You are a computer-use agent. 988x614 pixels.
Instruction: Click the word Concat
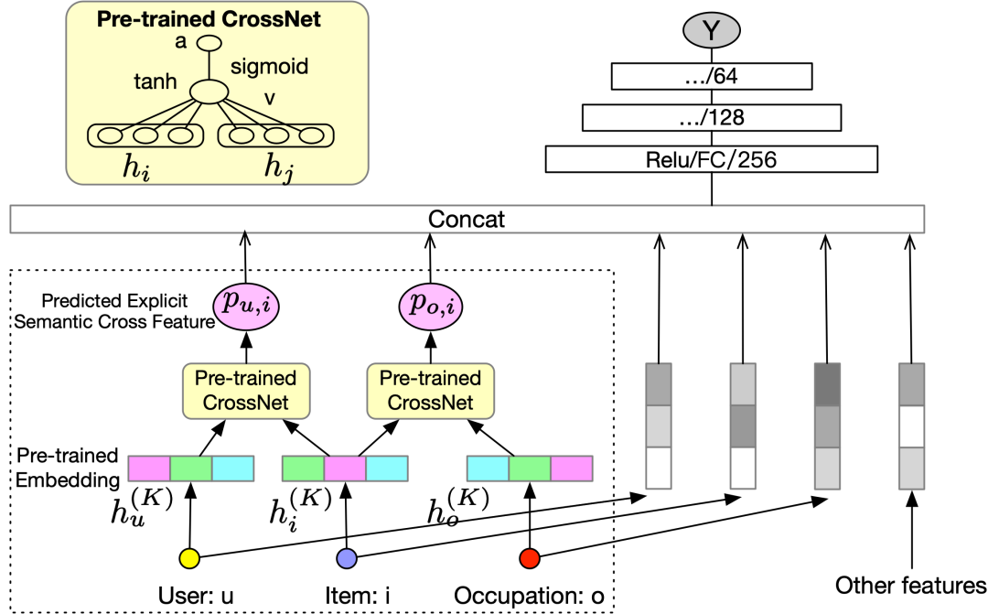click(467, 220)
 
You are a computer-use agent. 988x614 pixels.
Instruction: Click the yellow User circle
click(189, 557)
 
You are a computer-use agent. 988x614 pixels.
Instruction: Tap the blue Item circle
click(347, 557)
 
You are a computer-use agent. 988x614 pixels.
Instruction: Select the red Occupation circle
click(529, 557)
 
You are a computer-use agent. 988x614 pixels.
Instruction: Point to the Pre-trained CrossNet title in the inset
click(209, 19)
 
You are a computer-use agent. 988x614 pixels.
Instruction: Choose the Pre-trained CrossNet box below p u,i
click(246, 390)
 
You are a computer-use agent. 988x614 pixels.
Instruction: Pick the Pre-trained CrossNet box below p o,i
click(430, 390)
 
